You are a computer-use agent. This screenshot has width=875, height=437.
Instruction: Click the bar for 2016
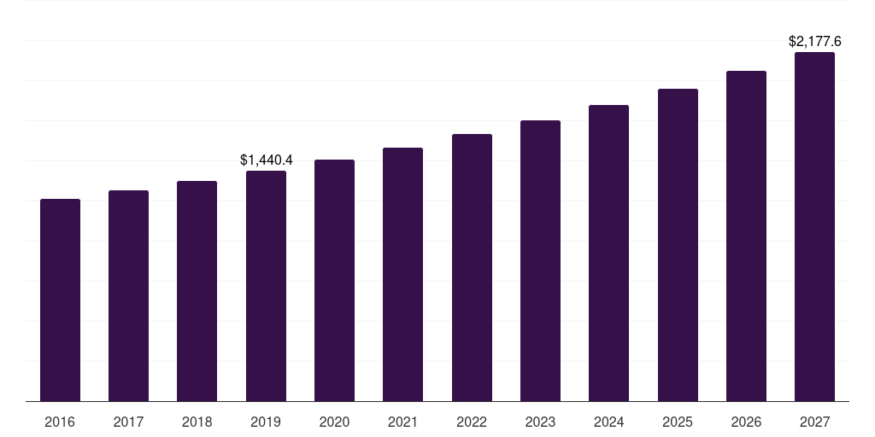click(x=60, y=300)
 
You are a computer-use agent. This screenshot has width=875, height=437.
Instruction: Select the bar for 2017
click(x=128, y=296)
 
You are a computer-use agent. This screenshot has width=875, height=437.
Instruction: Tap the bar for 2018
click(x=197, y=291)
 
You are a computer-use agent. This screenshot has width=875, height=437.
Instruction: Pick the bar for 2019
click(x=266, y=286)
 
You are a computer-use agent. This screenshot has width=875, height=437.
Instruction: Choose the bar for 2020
click(x=334, y=281)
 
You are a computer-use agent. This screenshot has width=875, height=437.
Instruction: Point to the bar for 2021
click(x=402, y=275)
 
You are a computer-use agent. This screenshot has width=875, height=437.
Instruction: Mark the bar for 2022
click(x=472, y=268)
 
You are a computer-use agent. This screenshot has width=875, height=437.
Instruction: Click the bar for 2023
click(x=540, y=261)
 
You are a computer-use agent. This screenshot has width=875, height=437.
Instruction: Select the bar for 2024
click(x=608, y=253)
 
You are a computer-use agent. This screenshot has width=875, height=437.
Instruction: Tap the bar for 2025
click(x=678, y=245)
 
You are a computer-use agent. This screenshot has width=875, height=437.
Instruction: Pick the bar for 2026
click(x=746, y=236)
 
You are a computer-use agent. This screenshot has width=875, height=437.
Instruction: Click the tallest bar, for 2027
click(x=814, y=227)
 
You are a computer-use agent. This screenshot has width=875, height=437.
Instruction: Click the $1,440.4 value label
click(x=266, y=160)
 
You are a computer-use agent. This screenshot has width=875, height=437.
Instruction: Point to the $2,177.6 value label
click(x=814, y=41)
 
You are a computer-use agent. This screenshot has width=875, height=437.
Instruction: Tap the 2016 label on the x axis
click(x=60, y=422)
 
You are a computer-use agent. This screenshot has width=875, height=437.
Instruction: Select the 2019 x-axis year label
click(x=266, y=422)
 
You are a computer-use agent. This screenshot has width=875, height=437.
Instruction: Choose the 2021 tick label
click(x=402, y=422)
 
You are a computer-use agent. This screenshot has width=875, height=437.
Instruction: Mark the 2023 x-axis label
click(x=540, y=422)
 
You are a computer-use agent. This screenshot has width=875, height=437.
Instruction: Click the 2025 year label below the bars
click(x=678, y=422)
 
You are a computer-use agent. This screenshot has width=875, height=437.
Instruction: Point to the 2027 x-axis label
click(x=814, y=422)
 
